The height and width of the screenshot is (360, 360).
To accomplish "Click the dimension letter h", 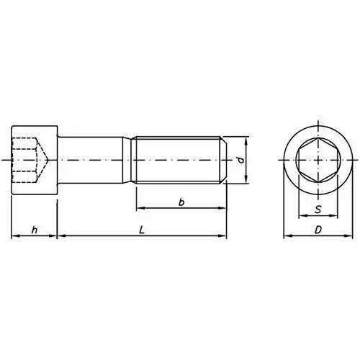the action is coord(35,230).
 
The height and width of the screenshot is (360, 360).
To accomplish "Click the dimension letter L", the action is coord(142,230).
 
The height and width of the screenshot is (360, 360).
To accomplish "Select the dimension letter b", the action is coord(181,202).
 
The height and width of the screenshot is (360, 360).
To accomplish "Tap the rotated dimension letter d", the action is coord(241,160).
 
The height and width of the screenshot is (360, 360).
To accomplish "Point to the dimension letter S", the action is coord(318,210).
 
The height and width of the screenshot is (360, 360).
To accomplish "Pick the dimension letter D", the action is coord(318,230).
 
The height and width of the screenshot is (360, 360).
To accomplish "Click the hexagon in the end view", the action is coord(318,160).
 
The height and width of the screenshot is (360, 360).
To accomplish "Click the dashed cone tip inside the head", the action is coord(48,160).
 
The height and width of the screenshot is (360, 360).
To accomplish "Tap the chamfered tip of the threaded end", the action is coord(223,160).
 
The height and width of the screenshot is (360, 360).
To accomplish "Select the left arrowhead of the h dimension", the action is coord(14,236).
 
